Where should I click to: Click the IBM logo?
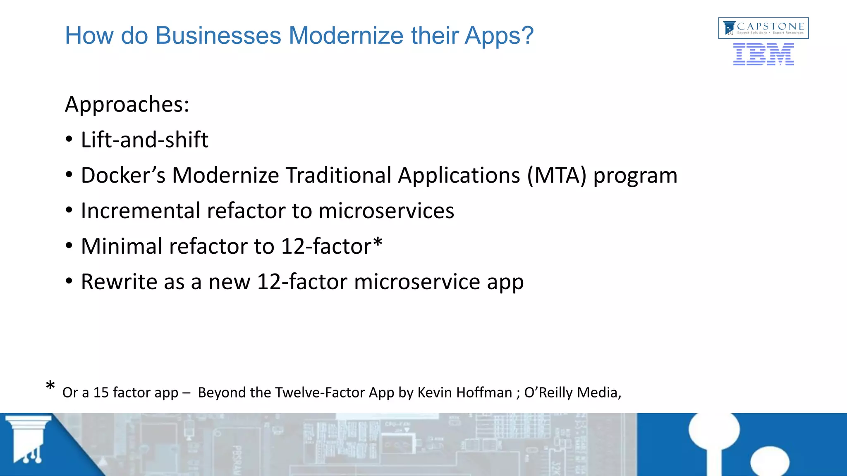[763, 55]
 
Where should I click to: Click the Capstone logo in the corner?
[763, 28]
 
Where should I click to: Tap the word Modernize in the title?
[346, 36]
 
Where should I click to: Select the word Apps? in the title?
[499, 36]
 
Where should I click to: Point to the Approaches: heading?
[127, 104]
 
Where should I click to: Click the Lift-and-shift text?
[144, 140]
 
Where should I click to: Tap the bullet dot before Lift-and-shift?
[69, 140]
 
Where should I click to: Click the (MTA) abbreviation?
[556, 176]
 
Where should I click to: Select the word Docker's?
[123, 175]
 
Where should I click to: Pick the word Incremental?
[140, 211]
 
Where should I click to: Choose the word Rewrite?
[118, 282]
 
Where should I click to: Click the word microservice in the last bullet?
[417, 282]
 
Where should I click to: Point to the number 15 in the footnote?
[101, 393]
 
